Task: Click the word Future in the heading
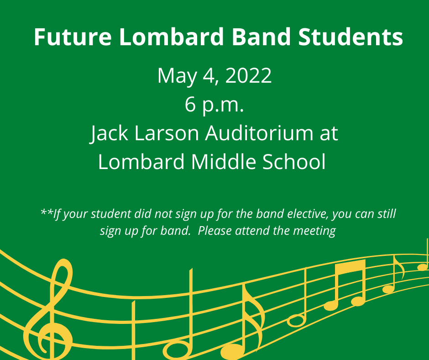tap(73, 37)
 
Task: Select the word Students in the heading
tap(351, 37)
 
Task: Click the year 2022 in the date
tap(248, 76)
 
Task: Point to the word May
tap(177, 77)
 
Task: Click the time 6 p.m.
tap(214, 105)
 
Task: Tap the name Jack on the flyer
tap(109, 133)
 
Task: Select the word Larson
tap(167, 133)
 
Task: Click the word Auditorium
tap(259, 133)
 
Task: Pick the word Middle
tap(223, 162)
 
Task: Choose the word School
tap(294, 162)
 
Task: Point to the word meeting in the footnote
tap(314, 231)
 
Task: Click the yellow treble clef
tap(48, 309)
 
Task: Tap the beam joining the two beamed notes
tap(351, 267)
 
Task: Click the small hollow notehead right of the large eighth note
tap(296, 321)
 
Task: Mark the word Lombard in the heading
tap(172, 37)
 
